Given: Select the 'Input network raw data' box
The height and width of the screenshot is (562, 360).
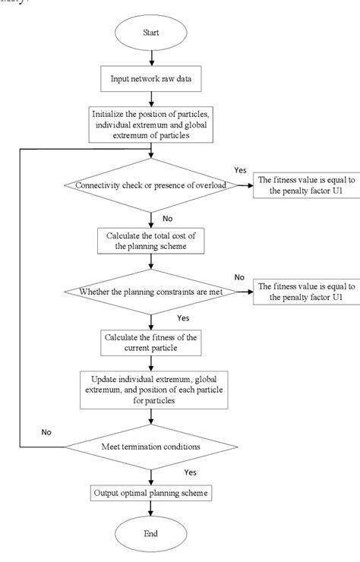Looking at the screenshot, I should pyautogui.click(x=153, y=77).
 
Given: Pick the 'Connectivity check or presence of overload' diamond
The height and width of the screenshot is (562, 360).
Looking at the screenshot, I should pyautogui.click(x=153, y=183).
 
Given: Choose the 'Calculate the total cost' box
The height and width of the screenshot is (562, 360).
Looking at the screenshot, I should pyautogui.click(x=153, y=241).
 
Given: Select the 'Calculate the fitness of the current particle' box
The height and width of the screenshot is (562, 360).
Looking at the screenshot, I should pyautogui.click(x=153, y=343).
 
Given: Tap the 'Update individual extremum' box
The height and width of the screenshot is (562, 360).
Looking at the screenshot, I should pyautogui.click(x=153, y=392).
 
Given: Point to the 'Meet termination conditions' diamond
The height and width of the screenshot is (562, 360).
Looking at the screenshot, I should pyautogui.click(x=153, y=447).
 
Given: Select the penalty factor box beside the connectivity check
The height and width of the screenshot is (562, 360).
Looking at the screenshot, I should pyautogui.click(x=302, y=183).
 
